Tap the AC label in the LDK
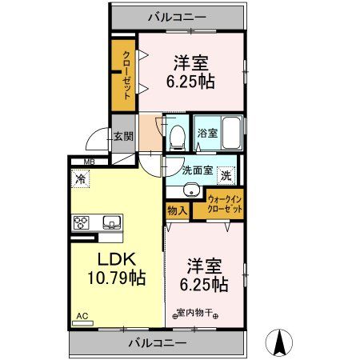[82, 317]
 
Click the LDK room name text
[115, 259]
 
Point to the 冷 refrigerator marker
[81, 181]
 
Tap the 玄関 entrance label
[122, 137]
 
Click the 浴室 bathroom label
[207, 133]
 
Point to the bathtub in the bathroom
[233, 132]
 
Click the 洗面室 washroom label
[196, 170]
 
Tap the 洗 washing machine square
[227, 175]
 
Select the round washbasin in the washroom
[190, 190]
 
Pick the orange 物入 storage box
[177, 210]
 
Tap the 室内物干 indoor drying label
[196, 313]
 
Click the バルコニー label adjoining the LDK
[157, 342]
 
